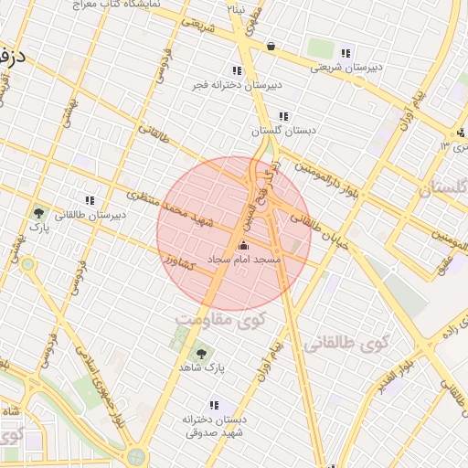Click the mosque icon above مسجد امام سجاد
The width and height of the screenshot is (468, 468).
(x=242, y=245)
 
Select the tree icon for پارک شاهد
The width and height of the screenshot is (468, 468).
(x=201, y=352)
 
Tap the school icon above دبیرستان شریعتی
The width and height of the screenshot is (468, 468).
(x=345, y=52)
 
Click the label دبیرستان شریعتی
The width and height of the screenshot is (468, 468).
(x=345, y=67)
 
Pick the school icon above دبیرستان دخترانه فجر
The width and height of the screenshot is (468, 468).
(x=237, y=70)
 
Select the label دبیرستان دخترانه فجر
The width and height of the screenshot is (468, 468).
(x=237, y=85)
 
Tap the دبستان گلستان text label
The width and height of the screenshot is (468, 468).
(x=282, y=131)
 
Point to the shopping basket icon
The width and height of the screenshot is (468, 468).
(x=271, y=46)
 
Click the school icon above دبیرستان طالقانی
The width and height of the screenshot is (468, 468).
(x=90, y=199)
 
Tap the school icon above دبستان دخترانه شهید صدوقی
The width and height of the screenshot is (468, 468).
(x=214, y=404)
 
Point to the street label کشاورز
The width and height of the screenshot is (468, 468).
(x=180, y=262)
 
